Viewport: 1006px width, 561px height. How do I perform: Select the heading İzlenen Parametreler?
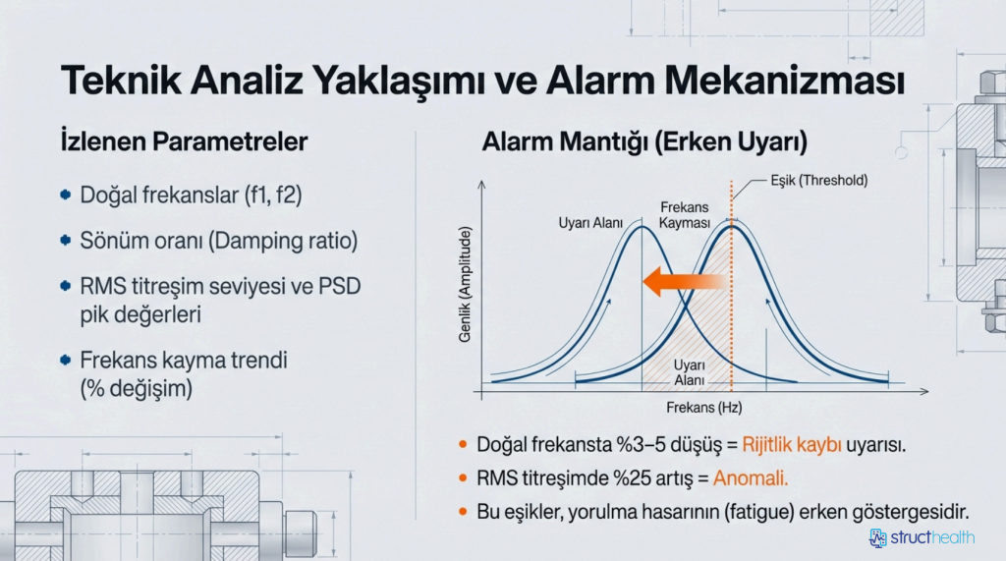point(184,141)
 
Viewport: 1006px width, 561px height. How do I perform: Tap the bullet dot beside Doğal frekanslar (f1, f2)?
point(65,195)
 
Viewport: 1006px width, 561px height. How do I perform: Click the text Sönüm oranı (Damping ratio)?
point(219,241)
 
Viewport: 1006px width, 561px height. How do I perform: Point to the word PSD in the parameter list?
point(339,286)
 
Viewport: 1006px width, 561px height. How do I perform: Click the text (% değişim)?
point(136,388)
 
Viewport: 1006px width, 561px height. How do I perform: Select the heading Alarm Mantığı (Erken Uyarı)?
point(644,141)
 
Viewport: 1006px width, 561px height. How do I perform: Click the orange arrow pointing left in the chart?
point(684,282)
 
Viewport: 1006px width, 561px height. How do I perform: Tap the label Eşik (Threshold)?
point(818,181)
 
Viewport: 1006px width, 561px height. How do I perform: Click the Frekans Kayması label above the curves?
point(685,215)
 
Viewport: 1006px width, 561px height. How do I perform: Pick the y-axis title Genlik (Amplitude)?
point(465,284)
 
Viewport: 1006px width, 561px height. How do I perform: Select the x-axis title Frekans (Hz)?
point(703,408)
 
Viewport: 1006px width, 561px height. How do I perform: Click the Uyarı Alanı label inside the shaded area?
point(689,373)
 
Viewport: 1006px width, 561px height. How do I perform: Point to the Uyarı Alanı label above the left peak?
point(590,223)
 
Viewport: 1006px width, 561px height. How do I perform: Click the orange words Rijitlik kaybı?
point(792,445)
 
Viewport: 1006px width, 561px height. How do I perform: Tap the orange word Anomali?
point(751,478)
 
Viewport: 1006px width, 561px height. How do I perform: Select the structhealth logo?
point(922,537)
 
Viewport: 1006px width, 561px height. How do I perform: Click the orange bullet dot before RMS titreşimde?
point(464,478)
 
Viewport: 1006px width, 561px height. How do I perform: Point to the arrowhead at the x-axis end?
point(923,391)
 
